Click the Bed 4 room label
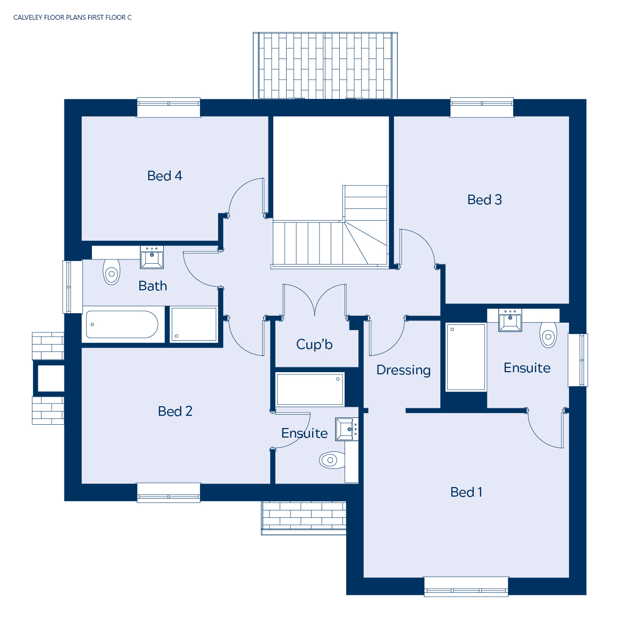164,175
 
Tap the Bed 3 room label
484,200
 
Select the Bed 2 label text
175,411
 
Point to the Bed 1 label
466,492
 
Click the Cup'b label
314,344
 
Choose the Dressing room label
403,370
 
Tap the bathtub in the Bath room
122,324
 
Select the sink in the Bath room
152,257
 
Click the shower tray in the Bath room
194,324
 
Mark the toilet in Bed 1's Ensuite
548,335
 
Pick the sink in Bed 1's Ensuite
510,320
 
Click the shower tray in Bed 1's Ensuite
466,357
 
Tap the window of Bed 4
169,107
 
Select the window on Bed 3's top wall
482,107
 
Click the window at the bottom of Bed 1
466,586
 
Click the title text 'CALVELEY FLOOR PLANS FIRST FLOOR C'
72,18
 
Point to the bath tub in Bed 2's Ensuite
309,389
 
